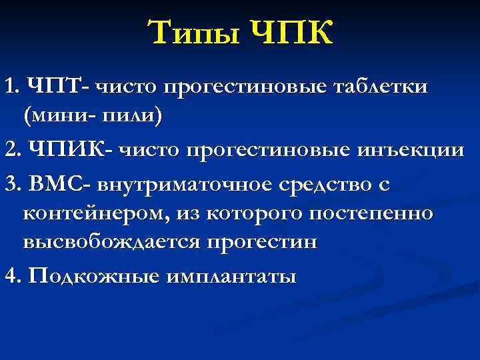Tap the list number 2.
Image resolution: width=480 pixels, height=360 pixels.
pyautogui.click(x=9, y=150)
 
